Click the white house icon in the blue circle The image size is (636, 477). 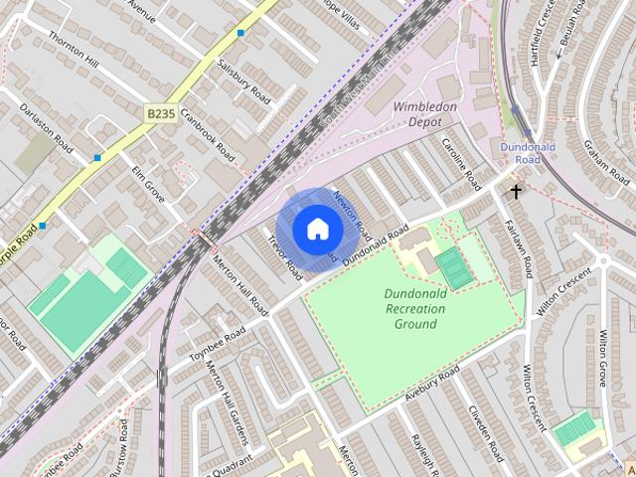pyautogui.click(x=316, y=230)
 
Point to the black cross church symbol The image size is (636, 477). pyautogui.click(x=516, y=190)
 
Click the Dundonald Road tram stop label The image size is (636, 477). pyautogui.click(x=520, y=153)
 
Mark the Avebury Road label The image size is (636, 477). pyautogui.click(x=432, y=385)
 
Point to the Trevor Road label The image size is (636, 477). pyautogui.click(x=285, y=254)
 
